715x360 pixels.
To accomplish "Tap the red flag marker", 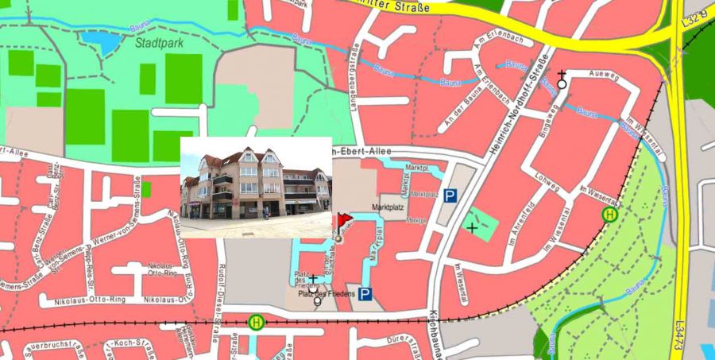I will [x=343, y=220].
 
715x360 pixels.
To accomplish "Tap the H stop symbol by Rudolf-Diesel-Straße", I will [x=257, y=323].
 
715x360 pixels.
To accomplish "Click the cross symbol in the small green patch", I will [x=473, y=227].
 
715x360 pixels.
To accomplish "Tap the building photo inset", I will [x=255, y=187].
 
